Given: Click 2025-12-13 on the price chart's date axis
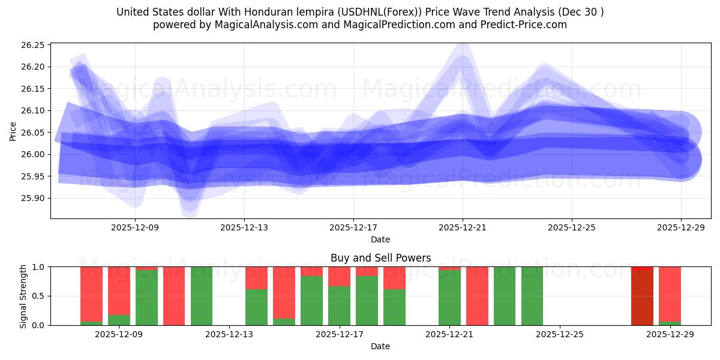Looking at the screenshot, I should pyautogui.click(x=244, y=228).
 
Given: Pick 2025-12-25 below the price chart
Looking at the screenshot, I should pyautogui.click(x=572, y=228).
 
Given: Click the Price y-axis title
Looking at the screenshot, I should pyautogui.click(x=13, y=131).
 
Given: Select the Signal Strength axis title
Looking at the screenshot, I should pyautogui.click(x=23, y=296).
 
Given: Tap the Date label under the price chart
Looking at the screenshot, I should pyautogui.click(x=380, y=239).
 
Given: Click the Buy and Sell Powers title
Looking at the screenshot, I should pyautogui.click(x=380, y=258).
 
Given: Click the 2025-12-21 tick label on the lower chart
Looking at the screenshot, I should pyautogui.click(x=449, y=335).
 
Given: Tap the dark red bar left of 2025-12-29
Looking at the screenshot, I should pyautogui.click(x=642, y=296).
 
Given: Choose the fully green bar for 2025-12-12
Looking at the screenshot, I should pyautogui.click(x=202, y=296).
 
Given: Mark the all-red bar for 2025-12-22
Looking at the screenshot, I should pyautogui.click(x=477, y=296).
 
